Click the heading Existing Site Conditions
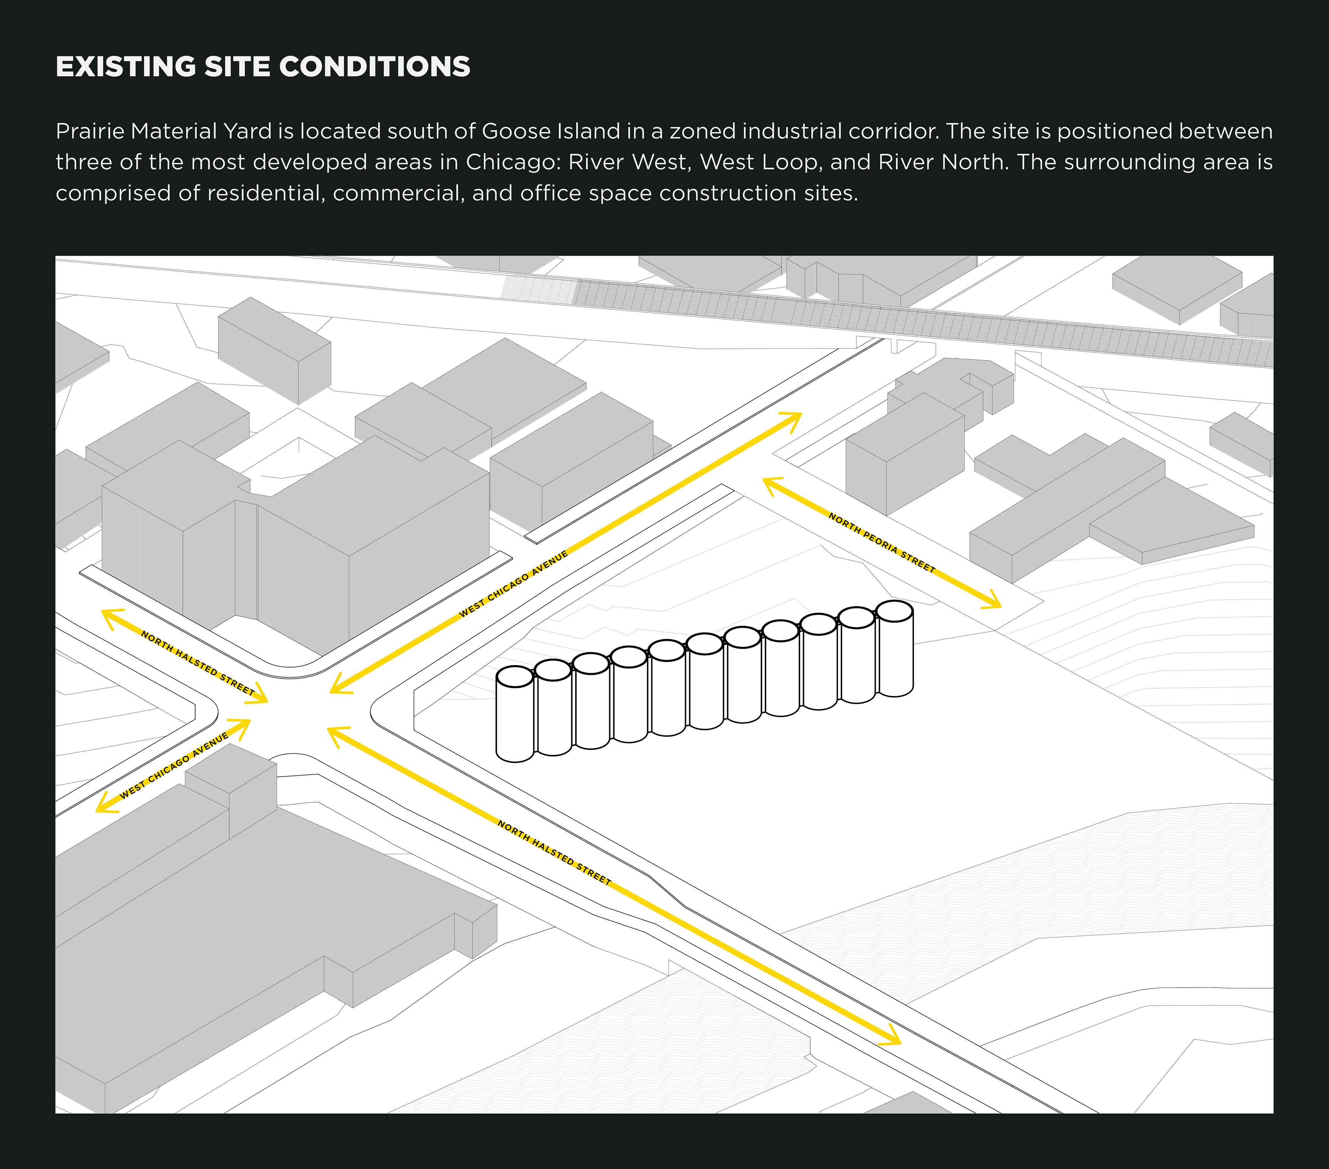[x=263, y=67]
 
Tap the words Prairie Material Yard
[x=163, y=132]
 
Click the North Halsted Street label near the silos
[x=554, y=852]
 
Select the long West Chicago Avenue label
[x=514, y=584]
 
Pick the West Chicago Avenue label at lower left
[x=174, y=765]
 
